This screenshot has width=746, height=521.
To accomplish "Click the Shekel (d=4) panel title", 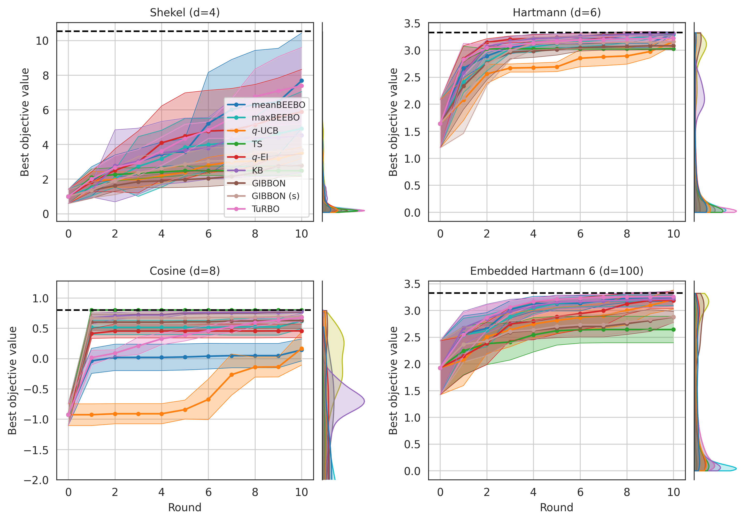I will (x=184, y=13).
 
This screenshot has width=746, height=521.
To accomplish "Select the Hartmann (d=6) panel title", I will (x=557, y=13).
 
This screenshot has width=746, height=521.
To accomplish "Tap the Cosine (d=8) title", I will (x=184, y=271).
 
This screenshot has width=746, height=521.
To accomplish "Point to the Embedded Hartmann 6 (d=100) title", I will (x=557, y=271).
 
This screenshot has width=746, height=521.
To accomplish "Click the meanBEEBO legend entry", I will (x=278, y=105).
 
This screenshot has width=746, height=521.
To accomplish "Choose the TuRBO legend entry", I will (x=265, y=209).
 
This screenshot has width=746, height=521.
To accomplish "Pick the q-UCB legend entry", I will (x=265, y=131).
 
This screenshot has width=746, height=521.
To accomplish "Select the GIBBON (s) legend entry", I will (x=275, y=196).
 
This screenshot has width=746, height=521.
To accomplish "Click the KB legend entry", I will (x=257, y=170).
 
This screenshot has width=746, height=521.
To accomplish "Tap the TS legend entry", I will (x=257, y=144).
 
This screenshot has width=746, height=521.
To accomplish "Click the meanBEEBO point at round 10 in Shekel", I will (x=302, y=81).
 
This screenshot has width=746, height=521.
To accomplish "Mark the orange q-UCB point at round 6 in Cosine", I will (x=208, y=399).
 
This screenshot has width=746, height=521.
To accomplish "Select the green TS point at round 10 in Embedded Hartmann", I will (x=673, y=329).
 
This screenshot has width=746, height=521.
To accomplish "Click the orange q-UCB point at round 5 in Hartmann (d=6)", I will (x=557, y=67).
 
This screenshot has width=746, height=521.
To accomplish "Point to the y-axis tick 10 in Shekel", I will (x=42, y=41).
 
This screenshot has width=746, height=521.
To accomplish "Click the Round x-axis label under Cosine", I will (x=184, y=507).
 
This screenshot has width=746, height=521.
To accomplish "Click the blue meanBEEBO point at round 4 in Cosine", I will (x=161, y=357).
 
